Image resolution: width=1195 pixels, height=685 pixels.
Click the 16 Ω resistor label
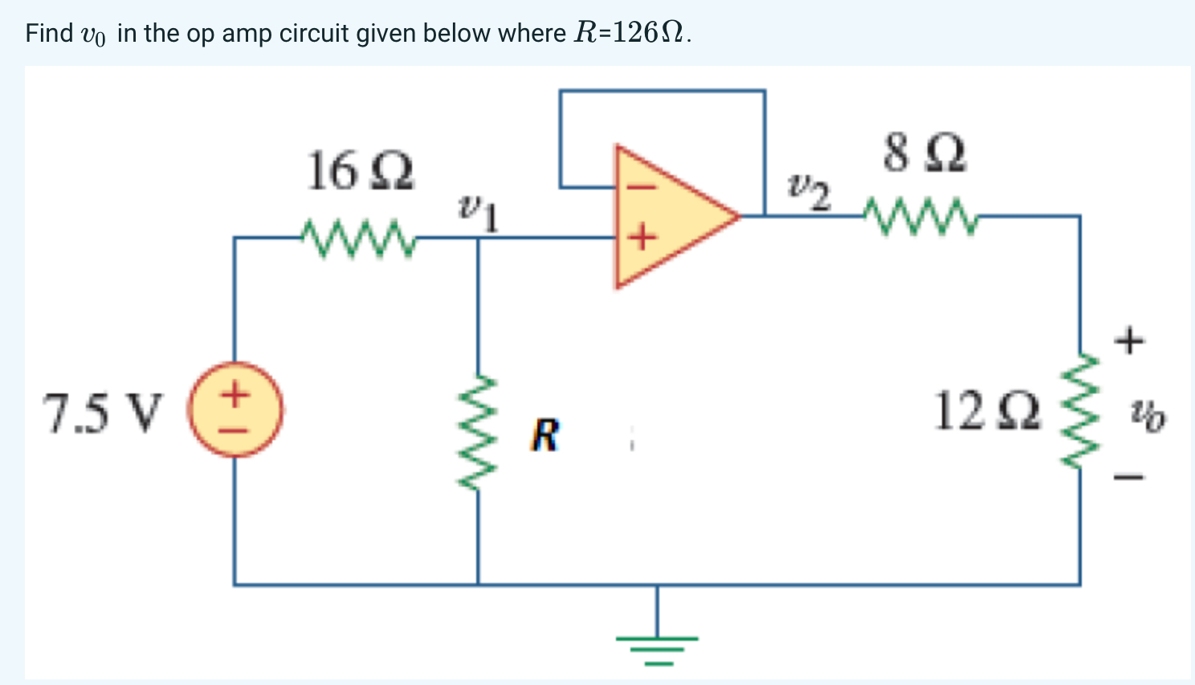(361, 172)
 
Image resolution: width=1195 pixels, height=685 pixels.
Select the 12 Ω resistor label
(987, 411)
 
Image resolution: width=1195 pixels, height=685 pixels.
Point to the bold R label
(544, 436)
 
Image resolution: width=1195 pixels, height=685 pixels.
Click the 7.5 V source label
(102, 414)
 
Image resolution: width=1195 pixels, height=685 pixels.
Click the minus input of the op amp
(640, 188)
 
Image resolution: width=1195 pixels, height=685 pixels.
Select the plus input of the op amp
(640, 238)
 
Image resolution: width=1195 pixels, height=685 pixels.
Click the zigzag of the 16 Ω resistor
(358, 236)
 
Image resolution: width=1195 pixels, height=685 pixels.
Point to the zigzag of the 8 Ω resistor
(918, 216)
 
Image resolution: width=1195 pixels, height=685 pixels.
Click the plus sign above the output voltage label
(1128, 340)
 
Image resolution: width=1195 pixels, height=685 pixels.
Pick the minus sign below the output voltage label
(1128, 479)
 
